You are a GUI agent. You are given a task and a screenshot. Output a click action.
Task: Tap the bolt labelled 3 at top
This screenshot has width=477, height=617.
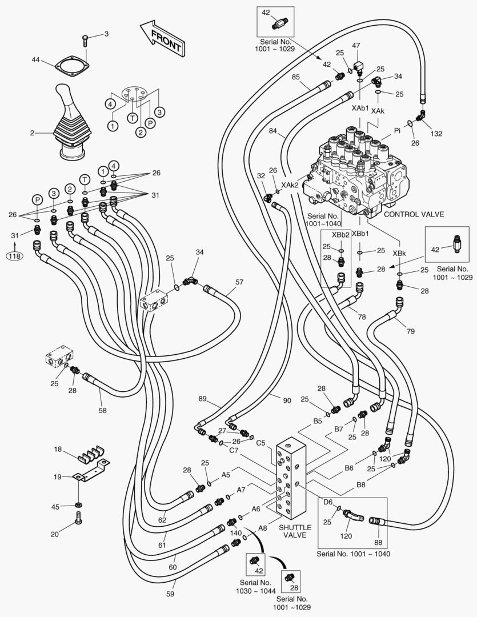pyautogui.click(x=85, y=39)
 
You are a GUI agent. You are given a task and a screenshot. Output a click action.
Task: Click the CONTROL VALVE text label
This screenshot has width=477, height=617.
pyautogui.click(x=414, y=214)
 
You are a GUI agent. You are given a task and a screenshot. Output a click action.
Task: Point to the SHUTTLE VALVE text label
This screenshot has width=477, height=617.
pyautogui.click(x=295, y=531)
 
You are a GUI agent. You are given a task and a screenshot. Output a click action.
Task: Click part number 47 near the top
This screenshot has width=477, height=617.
pyautogui.click(x=356, y=46)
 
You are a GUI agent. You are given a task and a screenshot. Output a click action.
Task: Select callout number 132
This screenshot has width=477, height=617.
pyautogui.click(x=436, y=133)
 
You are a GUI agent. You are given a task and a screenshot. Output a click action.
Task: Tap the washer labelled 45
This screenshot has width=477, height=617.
pyautogui.click(x=78, y=505)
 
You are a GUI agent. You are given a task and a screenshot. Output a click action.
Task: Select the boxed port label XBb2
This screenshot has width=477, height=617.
pyautogui.click(x=341, y=235)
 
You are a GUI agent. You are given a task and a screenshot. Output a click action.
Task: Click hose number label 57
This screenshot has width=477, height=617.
pyautogui.click(x=239, y=282)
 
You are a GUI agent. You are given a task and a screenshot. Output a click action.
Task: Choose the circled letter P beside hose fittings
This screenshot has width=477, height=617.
pyautogui.click(x=38, y=199)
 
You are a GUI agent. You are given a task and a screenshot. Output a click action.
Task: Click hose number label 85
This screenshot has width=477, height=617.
pyautogui.click(x=296, y=77)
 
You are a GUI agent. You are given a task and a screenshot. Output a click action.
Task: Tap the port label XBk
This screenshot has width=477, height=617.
pyautogui.click(x=399, y=253)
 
